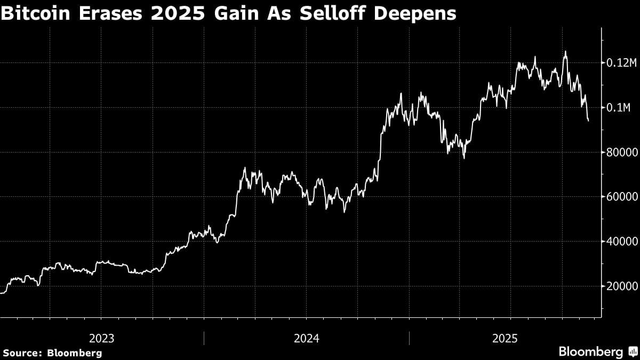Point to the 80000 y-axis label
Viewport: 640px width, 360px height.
[x=622, y=153]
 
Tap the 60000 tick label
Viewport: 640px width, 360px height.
[x=622, y=197]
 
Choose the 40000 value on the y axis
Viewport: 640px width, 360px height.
[x=622, y=242]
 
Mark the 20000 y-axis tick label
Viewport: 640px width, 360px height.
[x=622, y=286]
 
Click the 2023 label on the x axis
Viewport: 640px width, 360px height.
[x=101, y=338]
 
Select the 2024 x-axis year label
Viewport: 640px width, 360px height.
[x=306, y=338]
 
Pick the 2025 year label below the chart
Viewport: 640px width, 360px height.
[x=505, y=338]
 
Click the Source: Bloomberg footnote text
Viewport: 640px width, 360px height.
[x=52, y=353]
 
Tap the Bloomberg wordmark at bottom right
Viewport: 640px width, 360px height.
[x=590, y=352]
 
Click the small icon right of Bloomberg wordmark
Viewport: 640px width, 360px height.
[x=633, y=352]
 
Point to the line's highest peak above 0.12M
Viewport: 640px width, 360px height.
[x=565, y=52]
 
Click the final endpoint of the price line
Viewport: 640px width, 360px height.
[x=588, y=121]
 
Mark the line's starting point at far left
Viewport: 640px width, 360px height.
[x=1, y=293]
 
